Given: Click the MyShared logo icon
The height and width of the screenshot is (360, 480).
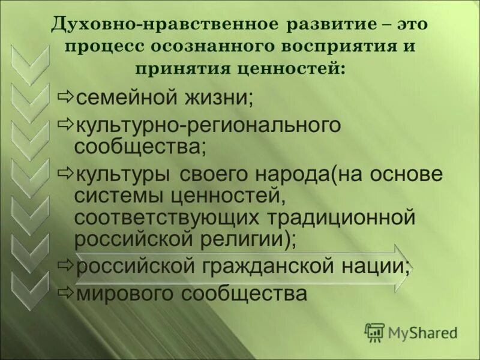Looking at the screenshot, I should tap(375, 332).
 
